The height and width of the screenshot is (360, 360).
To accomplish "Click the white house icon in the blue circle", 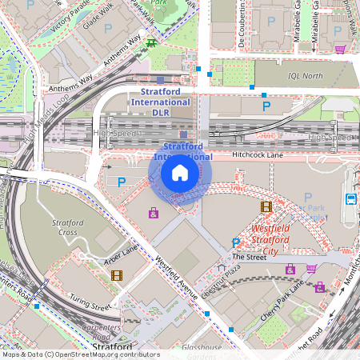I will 180,173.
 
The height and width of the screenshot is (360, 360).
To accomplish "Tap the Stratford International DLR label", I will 160,102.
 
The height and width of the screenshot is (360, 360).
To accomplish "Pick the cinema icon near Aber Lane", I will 118,276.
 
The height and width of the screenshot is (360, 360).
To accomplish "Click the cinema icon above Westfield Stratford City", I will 266,206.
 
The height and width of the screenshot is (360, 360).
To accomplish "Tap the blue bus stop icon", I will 350,198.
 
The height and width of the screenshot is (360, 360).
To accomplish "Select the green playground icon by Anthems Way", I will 150,42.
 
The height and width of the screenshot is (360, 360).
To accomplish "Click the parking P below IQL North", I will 266,105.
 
